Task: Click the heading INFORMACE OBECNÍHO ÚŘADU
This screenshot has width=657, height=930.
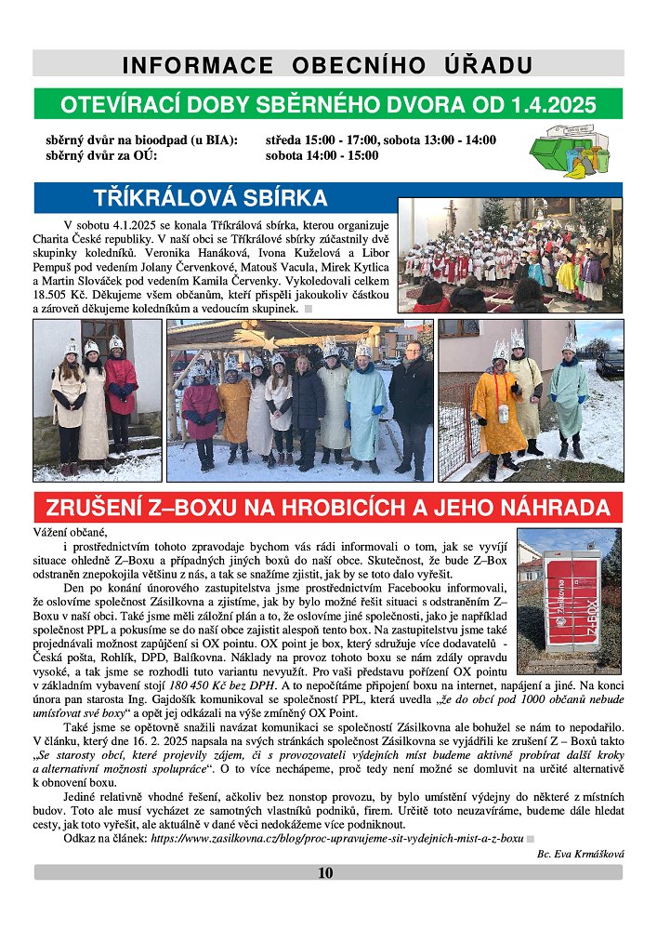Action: [328, 65]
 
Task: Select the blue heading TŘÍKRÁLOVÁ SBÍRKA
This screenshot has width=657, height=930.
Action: [211, 197]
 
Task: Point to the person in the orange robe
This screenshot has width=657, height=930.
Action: [497, 409]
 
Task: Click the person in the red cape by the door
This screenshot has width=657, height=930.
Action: [120, 391]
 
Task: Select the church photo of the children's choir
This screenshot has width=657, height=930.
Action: [509, 253]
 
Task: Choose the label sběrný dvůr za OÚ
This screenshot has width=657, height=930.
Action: [101, 155]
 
